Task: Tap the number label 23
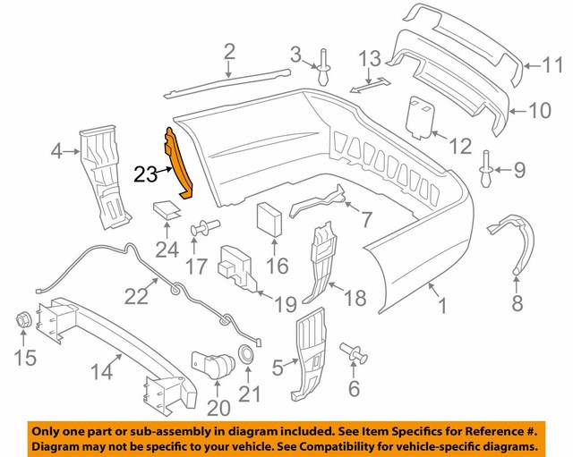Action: pyautogui.click(x=146, y=174)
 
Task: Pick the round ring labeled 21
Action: pyautogui.click(x=244, y=352)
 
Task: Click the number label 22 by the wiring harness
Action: pyautogui.click(x=137, y=296)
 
